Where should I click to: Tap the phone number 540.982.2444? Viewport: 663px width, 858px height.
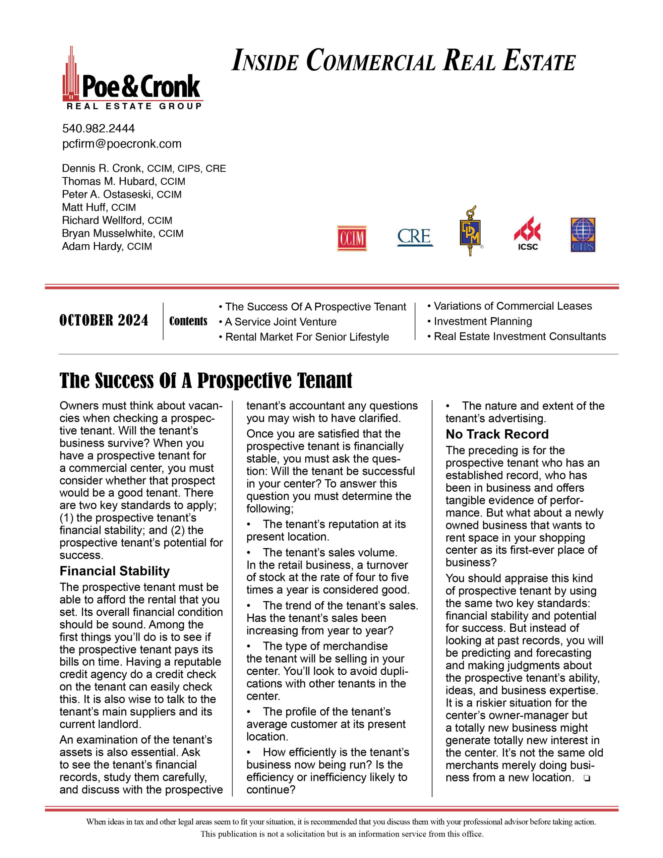click(x=98, y=128)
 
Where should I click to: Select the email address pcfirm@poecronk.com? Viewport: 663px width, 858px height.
click(x=122, y=144)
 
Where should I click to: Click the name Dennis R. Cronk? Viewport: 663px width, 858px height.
click(x=102, y=169)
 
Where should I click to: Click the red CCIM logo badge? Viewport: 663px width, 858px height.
click(x=352, y=238)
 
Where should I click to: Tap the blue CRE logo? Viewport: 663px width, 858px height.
click(x=415, y=237)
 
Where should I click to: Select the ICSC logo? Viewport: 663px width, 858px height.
click(x=527, y=234)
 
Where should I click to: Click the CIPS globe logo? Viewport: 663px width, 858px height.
click(x=583, y=235)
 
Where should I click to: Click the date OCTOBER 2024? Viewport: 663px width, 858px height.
click(x=104, y=320)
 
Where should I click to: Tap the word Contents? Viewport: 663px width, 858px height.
click(x=188, y=321)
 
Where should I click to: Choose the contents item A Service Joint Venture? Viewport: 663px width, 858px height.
click(x=281, y=322)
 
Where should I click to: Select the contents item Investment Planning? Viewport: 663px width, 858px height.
click(x=483, y=321)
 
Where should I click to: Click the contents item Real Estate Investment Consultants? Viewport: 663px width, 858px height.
click(x=520, y=337)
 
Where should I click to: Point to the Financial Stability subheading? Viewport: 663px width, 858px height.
click(x=115, y=571)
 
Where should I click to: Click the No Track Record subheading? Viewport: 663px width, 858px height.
click(x=497, y=434)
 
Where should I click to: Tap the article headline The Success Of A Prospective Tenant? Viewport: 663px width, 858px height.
click(x=206, y=380)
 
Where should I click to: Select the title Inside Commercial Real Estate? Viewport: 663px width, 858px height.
click(x=404, y=61)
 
